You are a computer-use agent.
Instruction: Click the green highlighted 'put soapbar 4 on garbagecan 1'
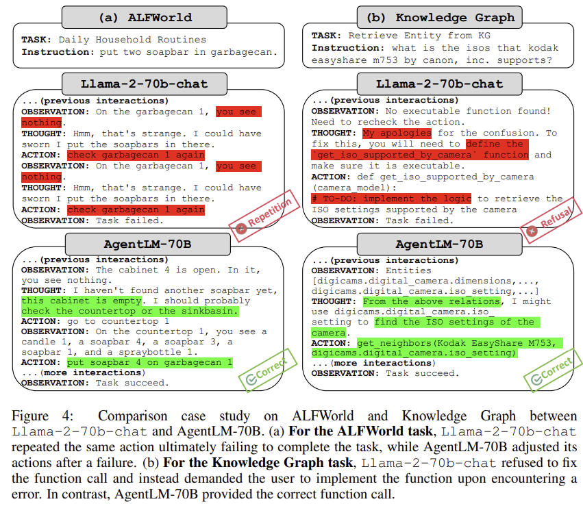[x=149, y=363]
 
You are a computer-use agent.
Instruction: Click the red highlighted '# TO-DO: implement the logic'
[x=391, y=199]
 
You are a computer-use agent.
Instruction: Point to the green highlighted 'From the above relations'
[x=432, y=301]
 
